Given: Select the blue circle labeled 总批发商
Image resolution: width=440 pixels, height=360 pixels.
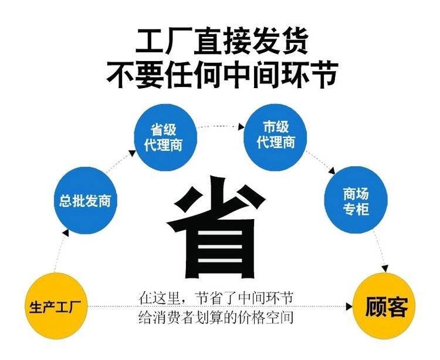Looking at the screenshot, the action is (85, 200).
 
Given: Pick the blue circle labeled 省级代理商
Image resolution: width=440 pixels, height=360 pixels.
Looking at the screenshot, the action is (165, 137).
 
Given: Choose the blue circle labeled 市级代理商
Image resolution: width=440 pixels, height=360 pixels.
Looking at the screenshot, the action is (275, 137).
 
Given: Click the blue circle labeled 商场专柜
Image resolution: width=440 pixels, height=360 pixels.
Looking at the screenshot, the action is (356, 200).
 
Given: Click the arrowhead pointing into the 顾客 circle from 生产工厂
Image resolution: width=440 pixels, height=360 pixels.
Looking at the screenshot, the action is (349, 307).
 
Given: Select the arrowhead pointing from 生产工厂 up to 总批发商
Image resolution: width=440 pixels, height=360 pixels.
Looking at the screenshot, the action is (66, 233).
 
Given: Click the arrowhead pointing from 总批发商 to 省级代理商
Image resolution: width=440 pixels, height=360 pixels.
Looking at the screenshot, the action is (133, 153).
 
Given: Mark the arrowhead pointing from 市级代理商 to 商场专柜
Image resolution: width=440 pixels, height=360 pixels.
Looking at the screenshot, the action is (332, 170).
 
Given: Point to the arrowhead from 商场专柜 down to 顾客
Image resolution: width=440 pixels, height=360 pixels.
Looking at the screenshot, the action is (385, 268).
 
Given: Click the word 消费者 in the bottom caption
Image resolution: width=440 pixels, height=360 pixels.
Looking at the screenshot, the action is (173, 318).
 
